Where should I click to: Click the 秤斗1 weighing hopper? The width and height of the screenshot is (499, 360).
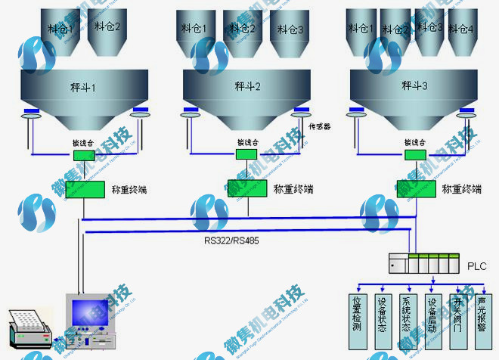(x=83, y=95)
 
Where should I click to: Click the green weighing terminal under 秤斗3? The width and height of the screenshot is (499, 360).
(x=415, y=188)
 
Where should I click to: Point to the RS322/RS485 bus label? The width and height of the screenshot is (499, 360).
(x=230, y=241)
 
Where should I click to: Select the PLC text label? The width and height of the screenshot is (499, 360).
(x=476, y=267)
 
